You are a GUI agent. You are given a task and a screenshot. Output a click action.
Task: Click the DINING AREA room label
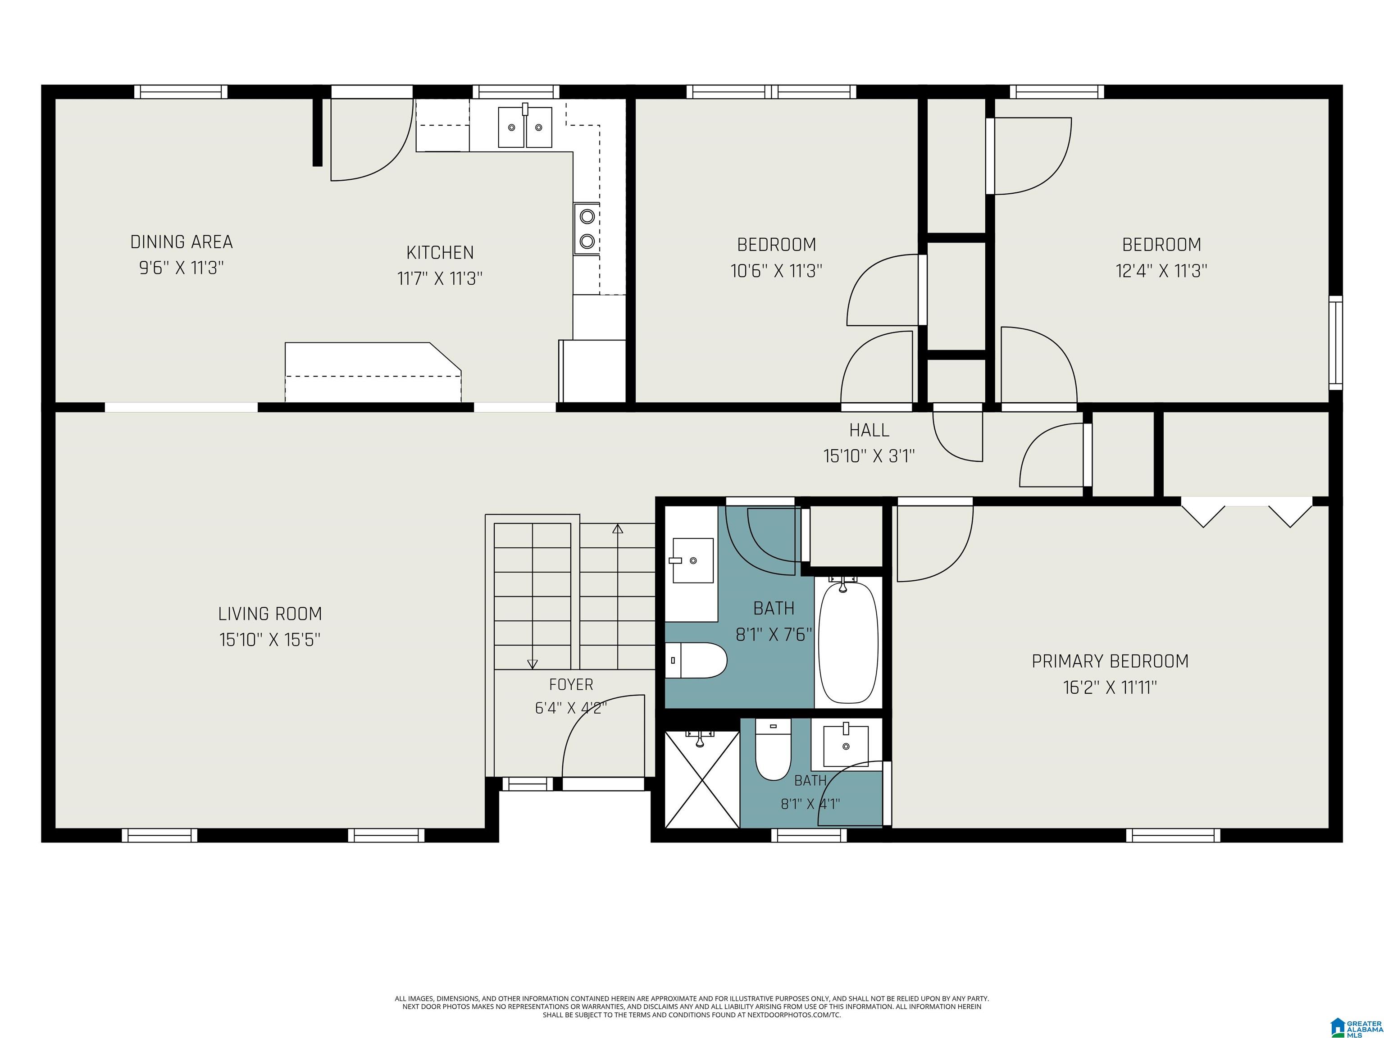(x=182, y=242)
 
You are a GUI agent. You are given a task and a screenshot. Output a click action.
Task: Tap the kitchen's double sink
(x=525, y=127)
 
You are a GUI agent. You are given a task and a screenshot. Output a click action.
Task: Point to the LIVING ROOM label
(x=270, y=614)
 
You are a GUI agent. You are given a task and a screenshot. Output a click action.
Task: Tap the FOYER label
(x=571, y=684)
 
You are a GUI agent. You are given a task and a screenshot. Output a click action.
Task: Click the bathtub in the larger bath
(x=848, y=642)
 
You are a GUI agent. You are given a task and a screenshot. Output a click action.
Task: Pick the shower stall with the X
(x=702, y=779)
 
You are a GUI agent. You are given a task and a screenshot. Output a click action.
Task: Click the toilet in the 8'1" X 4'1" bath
(x=774, y=749)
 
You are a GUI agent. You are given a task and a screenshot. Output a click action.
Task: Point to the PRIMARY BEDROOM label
(x=1110, y=661)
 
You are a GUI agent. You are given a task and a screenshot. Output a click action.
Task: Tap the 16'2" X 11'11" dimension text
(x=1110, y=687)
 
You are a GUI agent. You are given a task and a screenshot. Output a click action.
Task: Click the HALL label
(x=869, y=430)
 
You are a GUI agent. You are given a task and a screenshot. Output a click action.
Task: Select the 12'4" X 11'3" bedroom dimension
(x=1161, y=271)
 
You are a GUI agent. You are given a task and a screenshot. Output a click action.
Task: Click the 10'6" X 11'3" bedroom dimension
(x=776, y=271)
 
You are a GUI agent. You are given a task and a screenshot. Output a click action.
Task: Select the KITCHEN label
(x=440, y=253)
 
